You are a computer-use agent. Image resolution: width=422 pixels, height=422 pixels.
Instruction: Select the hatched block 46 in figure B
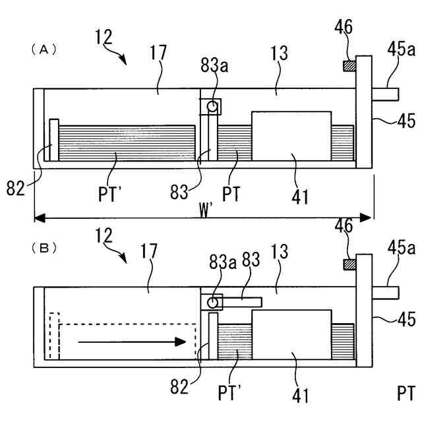349,264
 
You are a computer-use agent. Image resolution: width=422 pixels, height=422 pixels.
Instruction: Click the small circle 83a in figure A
212,105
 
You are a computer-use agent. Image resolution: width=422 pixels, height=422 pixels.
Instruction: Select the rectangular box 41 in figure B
291,334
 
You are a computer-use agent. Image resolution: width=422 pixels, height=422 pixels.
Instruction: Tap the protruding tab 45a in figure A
385,94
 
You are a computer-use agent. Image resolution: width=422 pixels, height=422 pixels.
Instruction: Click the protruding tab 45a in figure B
385,291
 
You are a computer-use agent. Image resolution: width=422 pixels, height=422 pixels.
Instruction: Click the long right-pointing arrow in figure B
129,342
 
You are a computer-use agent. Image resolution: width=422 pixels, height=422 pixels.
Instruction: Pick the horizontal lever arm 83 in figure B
242,302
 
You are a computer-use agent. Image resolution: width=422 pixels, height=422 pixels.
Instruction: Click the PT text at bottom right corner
406,394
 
